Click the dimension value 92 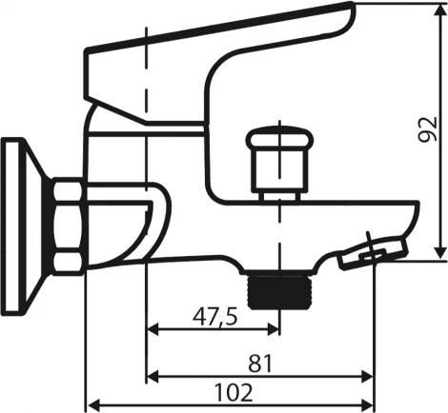(x=428, y=129)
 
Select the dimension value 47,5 (x=215, y=317)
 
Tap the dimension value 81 (x=260, y=364)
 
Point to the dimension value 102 (x=234, y=392)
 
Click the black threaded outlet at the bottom (x=280, y=292)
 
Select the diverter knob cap (x=280, y=139)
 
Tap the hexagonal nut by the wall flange (x=68, y=226)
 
